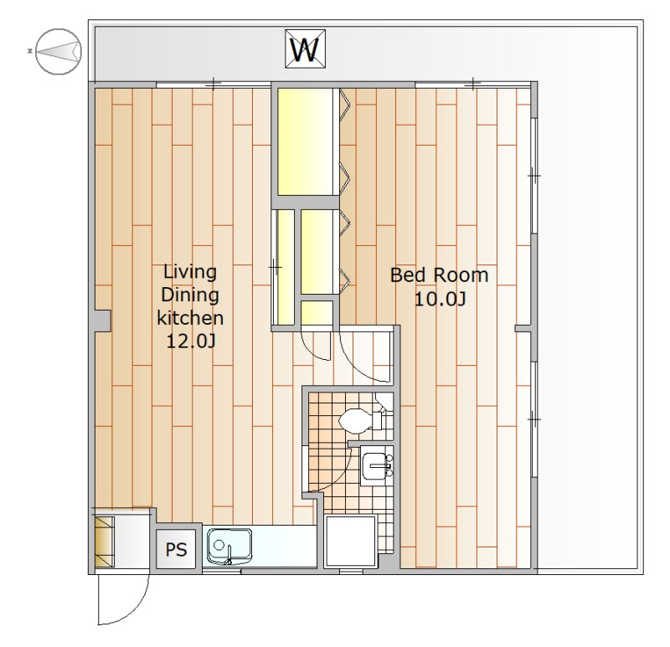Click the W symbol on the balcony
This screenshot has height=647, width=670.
305,49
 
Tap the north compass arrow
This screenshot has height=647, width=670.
59,51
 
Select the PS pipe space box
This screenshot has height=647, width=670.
176,549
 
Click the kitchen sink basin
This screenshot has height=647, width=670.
229,547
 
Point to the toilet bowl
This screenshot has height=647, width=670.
354,421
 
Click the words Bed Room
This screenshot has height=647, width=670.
439,275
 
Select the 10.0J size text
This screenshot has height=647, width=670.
440,299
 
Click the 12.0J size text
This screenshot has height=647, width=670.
190,341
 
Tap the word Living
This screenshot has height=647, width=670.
190,272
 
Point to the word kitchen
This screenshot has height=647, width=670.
190,318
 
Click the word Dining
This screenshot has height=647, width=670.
190,295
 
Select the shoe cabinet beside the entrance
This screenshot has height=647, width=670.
104,542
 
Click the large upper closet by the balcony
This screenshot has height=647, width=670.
305,141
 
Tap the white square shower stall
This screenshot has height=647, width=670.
350,541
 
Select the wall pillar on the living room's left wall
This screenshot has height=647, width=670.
101,320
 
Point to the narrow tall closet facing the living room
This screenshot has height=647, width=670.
283,267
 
